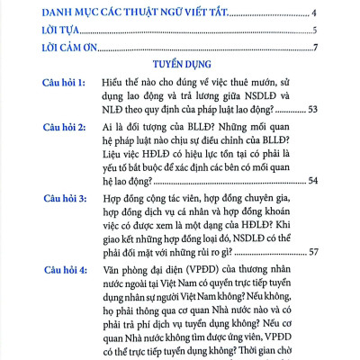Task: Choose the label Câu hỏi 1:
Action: [x=67, y=83]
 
